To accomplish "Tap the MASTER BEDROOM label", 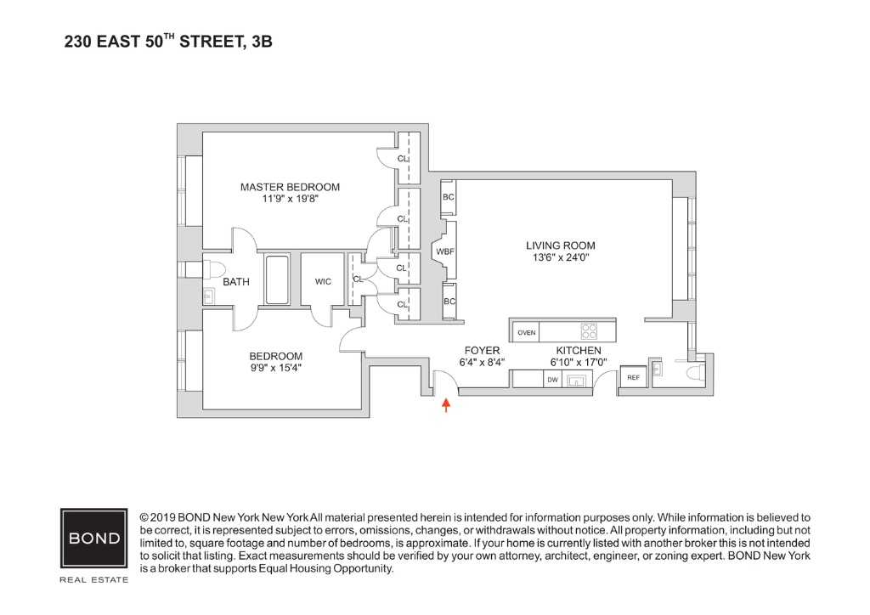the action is coord(290,187).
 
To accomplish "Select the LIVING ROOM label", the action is coord(560,246).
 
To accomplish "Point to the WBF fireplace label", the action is coord(444,251).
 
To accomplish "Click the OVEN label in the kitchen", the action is coord(527,332).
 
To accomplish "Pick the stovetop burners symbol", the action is coord(589,331).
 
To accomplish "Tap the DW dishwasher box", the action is coord(552,380).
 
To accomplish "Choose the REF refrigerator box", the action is coord(634,377).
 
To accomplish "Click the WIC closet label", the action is coord(323,280).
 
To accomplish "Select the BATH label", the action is coord(236,282).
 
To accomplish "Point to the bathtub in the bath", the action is coord(277,279).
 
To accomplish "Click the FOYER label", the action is coord(482,351).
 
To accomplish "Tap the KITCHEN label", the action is coord(579,351).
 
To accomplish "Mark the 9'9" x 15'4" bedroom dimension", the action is coord(275,369).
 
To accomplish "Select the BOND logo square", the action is coord(94,539).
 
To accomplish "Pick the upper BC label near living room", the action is coord(449,197).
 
